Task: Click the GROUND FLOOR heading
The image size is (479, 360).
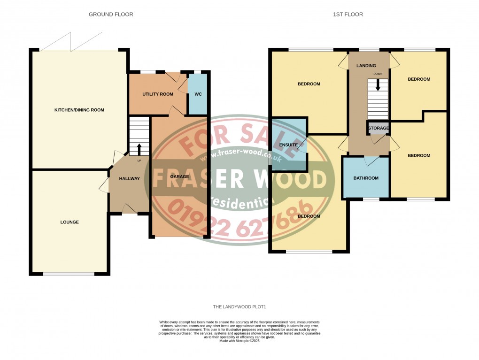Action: [x=111, y=15]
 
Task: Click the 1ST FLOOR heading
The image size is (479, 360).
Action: [x=348, y=15]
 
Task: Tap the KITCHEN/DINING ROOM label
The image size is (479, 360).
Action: [x=79, y=110]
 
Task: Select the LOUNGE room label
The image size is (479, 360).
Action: [x=70, y=222]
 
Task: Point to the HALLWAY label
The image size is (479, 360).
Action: [x=129, y=178]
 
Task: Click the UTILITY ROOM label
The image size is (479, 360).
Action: [x=158, y=94]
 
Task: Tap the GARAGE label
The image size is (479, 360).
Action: [x=177, y=176]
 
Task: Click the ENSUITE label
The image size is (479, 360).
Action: [x=288, y=145]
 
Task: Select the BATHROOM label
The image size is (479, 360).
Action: [x=366, y=178]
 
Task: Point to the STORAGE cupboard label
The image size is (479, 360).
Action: [x=379, y=128]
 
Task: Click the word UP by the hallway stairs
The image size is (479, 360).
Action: [x=139, y=161]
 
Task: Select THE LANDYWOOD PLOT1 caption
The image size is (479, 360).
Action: [x=239, y=307]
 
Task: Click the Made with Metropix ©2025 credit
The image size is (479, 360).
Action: [x=239, y=341]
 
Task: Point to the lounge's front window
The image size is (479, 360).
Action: [x=69, y=274]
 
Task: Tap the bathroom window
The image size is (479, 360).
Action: [x=371, y=199]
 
